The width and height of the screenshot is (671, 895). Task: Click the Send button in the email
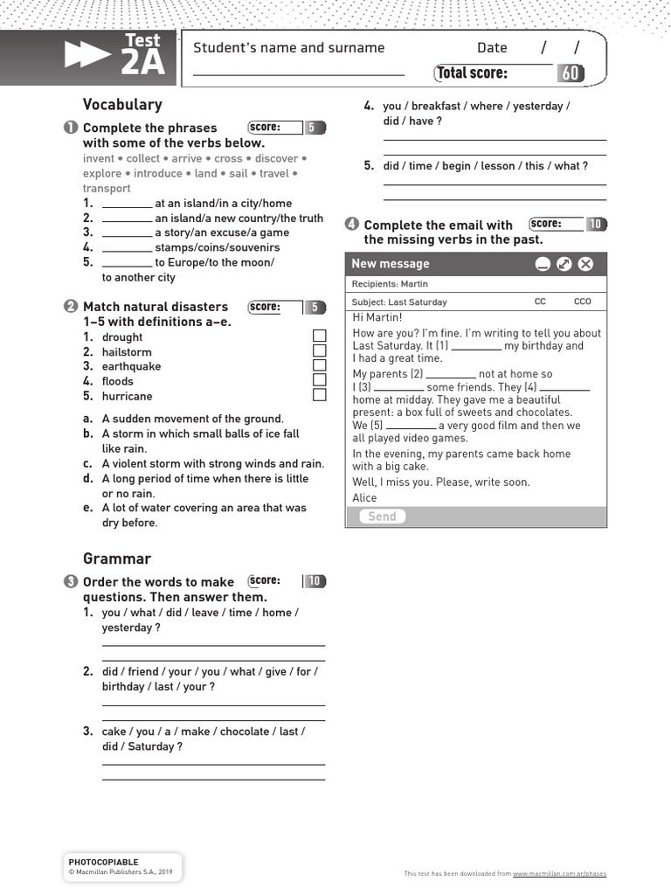382,517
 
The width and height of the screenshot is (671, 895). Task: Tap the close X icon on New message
586,264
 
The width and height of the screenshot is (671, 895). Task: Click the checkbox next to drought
320,336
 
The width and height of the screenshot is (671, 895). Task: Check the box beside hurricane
320,395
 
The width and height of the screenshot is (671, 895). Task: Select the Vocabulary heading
122,105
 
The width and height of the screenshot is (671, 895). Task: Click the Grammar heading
117,559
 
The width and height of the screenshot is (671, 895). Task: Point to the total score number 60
571,73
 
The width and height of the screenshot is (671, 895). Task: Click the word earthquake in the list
131,366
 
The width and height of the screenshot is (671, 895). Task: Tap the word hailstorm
127,352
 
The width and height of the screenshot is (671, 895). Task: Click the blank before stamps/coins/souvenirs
127,248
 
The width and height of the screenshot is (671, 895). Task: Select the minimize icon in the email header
543,264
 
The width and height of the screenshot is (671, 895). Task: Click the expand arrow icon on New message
564,264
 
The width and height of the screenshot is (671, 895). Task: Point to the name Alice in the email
364,498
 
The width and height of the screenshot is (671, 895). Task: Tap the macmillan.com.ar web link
559,874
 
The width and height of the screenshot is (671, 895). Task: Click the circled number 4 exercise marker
351,225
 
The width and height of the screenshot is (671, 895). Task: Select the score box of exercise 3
275,581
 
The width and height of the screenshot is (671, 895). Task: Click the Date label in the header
492,48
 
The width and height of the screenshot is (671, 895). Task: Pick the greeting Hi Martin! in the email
377,317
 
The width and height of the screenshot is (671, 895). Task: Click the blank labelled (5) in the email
411,427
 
